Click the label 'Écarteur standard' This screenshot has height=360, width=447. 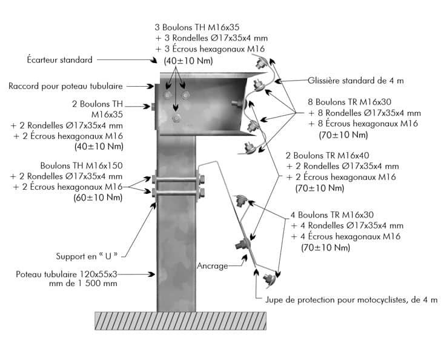point(59,60)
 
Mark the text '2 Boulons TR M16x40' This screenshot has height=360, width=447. point(335,155)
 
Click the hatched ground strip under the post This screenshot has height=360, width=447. point(180,321)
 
